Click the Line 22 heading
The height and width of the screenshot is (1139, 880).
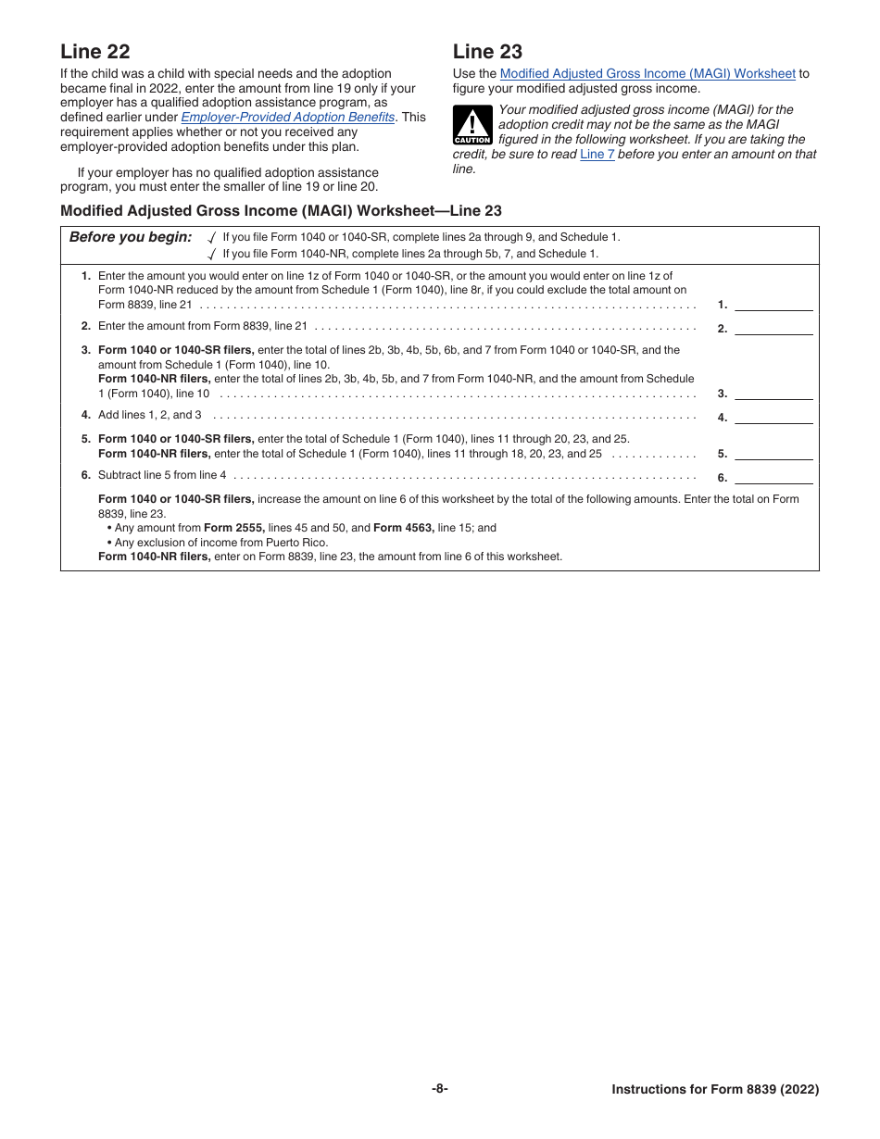tap(95, 52)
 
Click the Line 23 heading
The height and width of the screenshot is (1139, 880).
tap(487, 52)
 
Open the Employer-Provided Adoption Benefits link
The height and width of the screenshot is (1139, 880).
tap(288, 118)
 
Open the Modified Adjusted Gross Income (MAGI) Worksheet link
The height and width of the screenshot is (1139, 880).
tap(647, 74)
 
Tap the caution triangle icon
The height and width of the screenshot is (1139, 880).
tap(471, 126)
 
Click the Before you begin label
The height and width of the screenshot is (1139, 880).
tap(131, 237)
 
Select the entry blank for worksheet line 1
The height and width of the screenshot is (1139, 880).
tap(773, 304)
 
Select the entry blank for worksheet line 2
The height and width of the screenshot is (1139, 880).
tap(773, 328)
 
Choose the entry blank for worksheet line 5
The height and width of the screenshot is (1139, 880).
tap(773, 454)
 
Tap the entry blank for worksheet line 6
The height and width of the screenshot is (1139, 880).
tap(773, 478)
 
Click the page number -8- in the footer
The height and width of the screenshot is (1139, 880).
tap(440, 1089)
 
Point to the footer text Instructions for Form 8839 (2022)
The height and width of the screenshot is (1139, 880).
tap(715, 1090)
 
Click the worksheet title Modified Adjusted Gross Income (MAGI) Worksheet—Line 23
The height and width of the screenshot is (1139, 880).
tap(281, 211)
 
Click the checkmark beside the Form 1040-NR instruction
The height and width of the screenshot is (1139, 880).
tap(212, 254)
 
